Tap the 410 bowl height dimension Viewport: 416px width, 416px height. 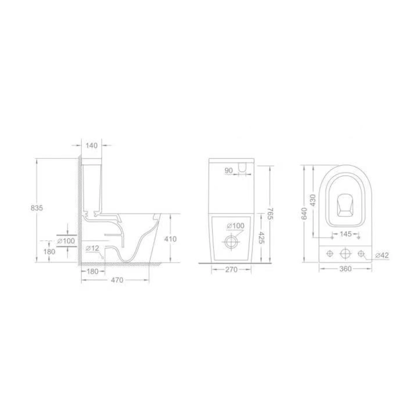click(171, 239)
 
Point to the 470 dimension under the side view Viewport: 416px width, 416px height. click(117, 280)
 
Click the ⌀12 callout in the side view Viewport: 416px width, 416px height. click(93, 248)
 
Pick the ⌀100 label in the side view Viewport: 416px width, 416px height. click(66, 240)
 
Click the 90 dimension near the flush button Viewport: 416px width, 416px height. click(228, 170)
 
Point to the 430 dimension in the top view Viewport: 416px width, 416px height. click(313, 201)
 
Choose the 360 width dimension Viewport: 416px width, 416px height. click(345, 269)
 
